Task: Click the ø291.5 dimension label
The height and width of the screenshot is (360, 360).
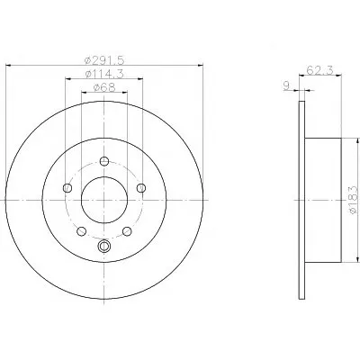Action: [104, 60]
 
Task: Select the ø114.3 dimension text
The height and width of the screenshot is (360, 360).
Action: [104, 74]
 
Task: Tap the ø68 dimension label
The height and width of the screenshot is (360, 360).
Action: [104, 87]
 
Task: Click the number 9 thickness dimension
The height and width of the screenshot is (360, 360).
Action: [287, 85]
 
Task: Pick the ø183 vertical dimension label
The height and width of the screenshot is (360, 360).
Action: [353, 200]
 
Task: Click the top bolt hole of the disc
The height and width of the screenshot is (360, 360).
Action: [104, 161]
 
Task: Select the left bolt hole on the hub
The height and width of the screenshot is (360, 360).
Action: [67, 188]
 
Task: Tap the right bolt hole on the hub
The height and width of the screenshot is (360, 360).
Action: [141, 188]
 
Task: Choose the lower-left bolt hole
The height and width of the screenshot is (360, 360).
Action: [82, 231]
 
